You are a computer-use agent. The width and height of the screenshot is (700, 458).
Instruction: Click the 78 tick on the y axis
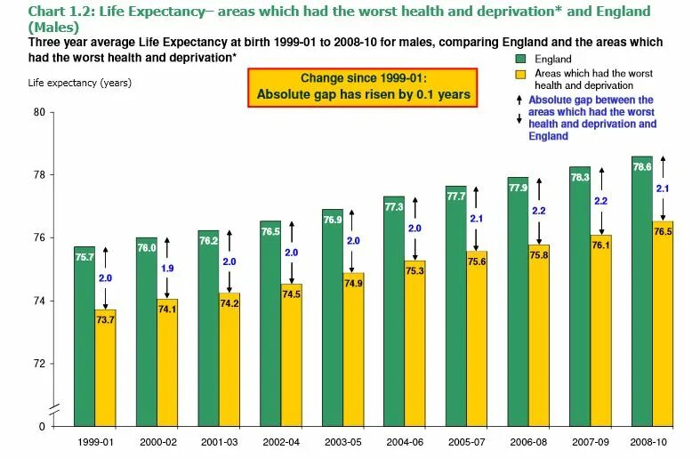coord(38,175)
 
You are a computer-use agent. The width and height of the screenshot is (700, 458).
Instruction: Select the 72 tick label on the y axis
coord(38,364)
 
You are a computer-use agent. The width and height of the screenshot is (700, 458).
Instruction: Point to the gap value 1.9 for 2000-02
coord(167,268)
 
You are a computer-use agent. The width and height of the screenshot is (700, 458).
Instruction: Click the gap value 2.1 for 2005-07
coord(477,219)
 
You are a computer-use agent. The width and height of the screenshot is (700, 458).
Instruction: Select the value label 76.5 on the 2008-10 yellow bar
coord(663,230)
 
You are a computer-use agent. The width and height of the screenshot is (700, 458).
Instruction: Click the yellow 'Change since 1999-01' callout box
coord(364,87)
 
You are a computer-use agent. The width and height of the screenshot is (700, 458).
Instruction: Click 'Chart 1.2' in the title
coord(60,11)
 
